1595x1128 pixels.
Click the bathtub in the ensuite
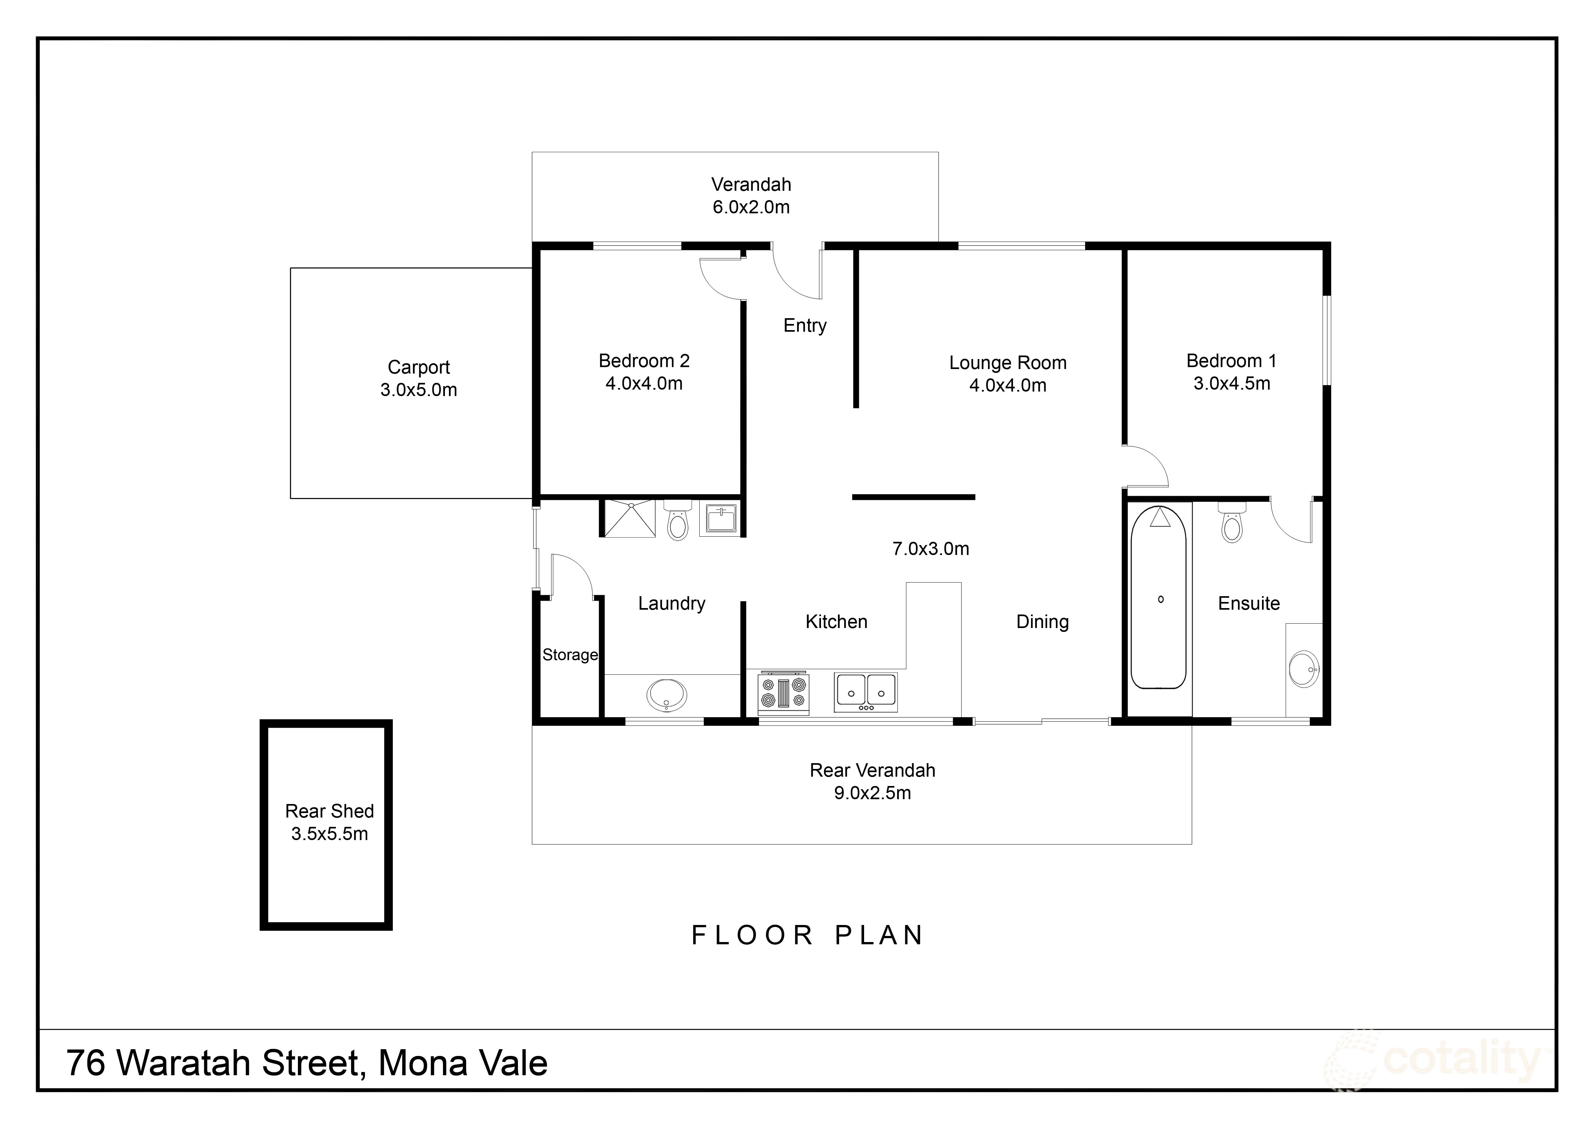click(x=1158, y=597)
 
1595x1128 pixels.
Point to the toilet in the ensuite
click(x=1232, y=522)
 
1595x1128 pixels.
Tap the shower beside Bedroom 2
click(x=629, y=518)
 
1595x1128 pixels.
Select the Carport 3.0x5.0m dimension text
click(x=419, y=390)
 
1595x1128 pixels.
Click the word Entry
click(x=805, y=326)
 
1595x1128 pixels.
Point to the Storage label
click(x=570, y=655)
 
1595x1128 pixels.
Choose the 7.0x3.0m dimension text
click(x=931, y=549)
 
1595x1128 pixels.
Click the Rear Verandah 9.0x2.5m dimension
click(x=872, y=792)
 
